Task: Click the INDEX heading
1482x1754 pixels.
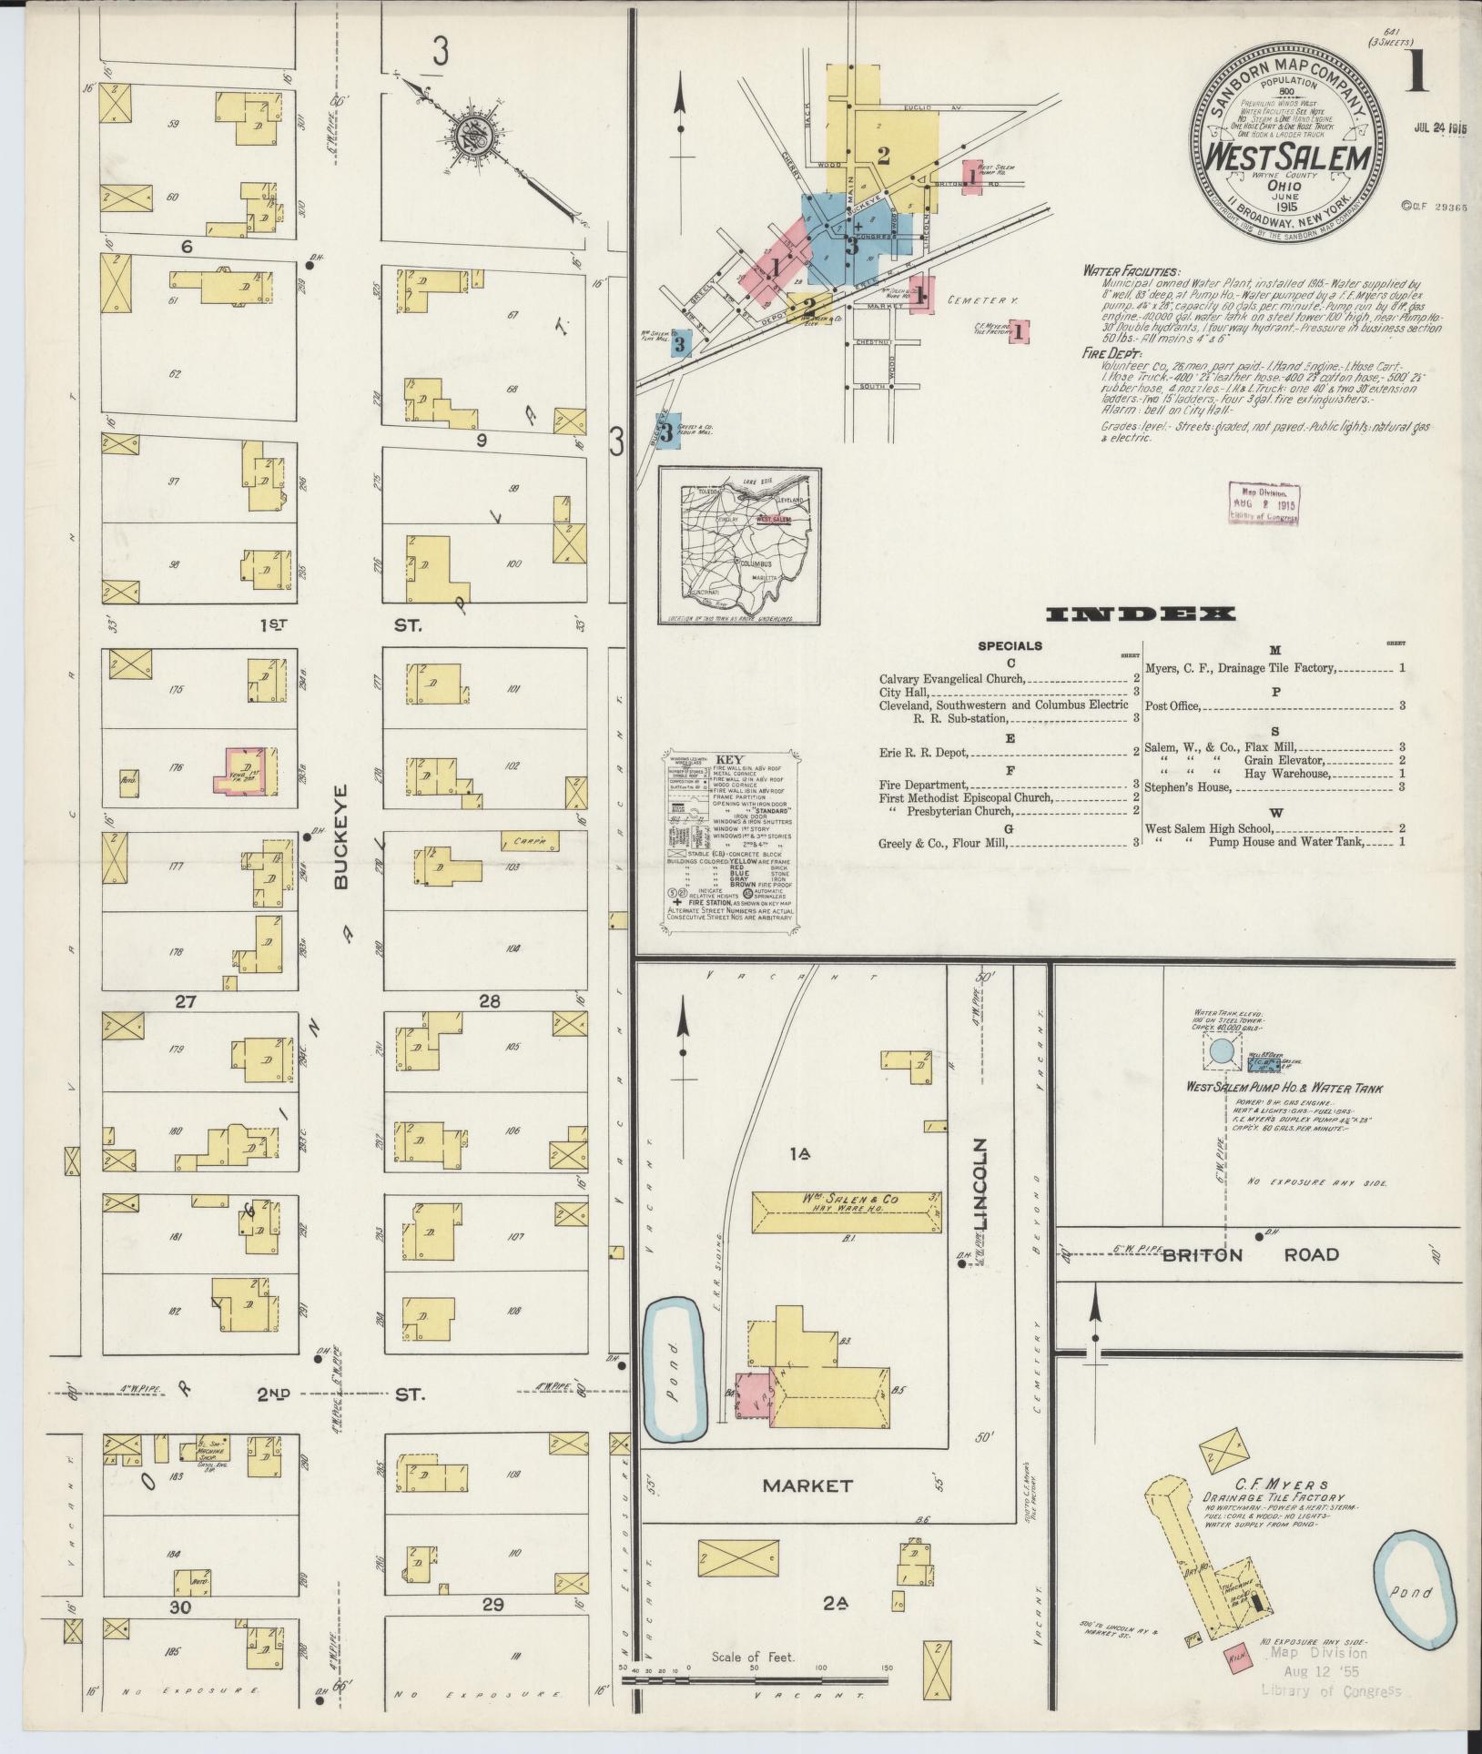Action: (x=1142, y=614)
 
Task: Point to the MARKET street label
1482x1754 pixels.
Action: (x=807, y=1485)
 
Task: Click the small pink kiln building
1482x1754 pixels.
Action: (x=1236, y=1656)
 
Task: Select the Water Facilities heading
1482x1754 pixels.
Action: (x=1130, y=271)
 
